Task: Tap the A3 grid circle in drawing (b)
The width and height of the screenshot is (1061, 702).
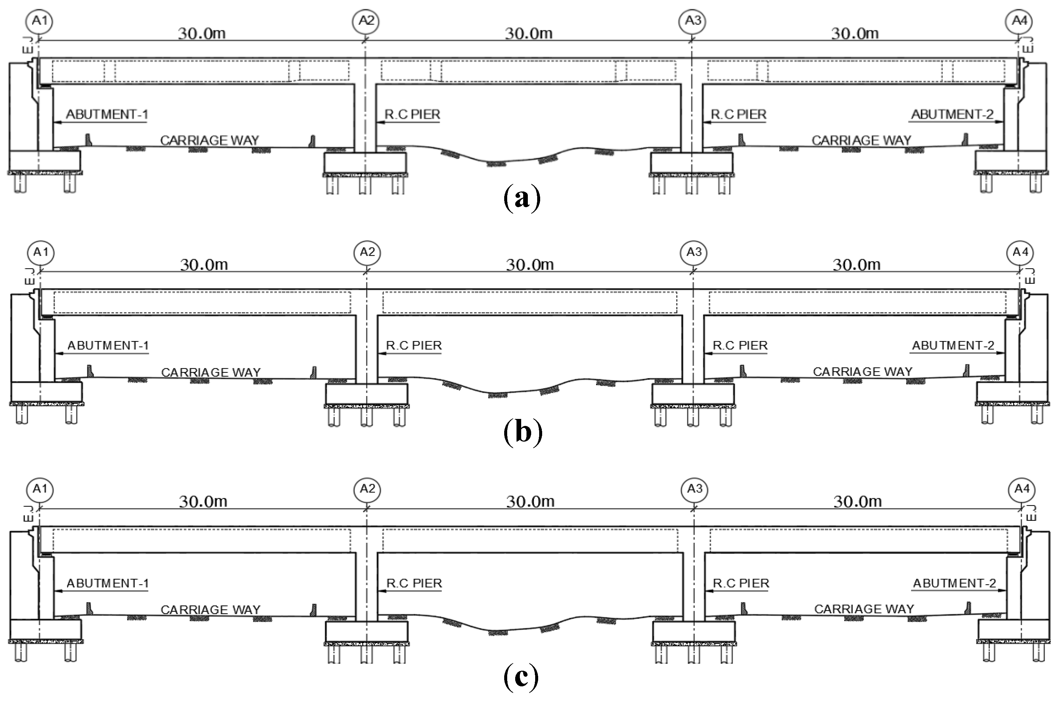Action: coord(694,252)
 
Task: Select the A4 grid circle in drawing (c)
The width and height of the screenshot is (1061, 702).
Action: coord(1022,489)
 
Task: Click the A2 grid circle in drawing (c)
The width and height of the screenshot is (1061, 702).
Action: coord(367,489)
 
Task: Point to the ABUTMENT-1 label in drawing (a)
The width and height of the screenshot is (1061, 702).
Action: coord(107,115)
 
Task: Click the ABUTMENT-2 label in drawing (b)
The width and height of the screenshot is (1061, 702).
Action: coord(953,346)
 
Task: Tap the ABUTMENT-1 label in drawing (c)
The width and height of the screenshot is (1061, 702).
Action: coord(108,583)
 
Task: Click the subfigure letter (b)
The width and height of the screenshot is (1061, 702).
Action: coord(523,432)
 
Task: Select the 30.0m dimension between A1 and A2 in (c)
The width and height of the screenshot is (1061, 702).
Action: coord(203,502)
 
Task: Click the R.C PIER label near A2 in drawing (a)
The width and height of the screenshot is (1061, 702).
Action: coord(412,115)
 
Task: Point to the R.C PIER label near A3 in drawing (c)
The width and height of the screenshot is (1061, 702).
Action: coord(741,583)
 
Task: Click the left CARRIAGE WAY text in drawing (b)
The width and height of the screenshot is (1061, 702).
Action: coord(210,373)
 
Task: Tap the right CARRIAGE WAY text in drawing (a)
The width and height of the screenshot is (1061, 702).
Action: coord(861,141)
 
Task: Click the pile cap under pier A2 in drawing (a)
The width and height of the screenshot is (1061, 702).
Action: coord(365,163)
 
